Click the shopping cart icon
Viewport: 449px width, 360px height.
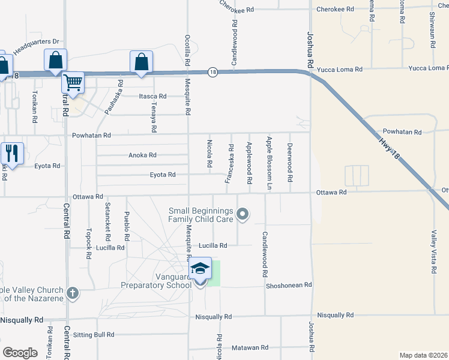[x=73, y=82]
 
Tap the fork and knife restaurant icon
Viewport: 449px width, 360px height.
[x=12, y=153]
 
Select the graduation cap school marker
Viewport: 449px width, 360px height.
[x=200, y=269]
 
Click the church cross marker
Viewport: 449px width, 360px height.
[x=72, y=293]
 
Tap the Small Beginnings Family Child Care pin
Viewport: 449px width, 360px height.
[x=243, y=214]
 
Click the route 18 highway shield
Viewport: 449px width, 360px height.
[x=212, y=72]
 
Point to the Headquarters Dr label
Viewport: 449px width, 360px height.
[x=36, y=47]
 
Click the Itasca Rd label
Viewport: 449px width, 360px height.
[x=152, y=96]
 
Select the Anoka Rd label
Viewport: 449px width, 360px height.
[x=142, y=155]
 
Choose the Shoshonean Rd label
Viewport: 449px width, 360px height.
[x=290, y=285]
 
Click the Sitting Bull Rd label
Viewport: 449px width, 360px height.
[x=93, y=334]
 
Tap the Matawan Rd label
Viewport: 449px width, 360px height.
[x=250, y=347]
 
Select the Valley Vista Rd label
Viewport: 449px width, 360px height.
[x=433, y=252]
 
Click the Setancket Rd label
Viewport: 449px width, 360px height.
[x=107, y=217]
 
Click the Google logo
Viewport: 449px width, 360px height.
[x=20, y=352]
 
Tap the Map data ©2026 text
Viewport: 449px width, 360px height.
[x=423, y=355]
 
